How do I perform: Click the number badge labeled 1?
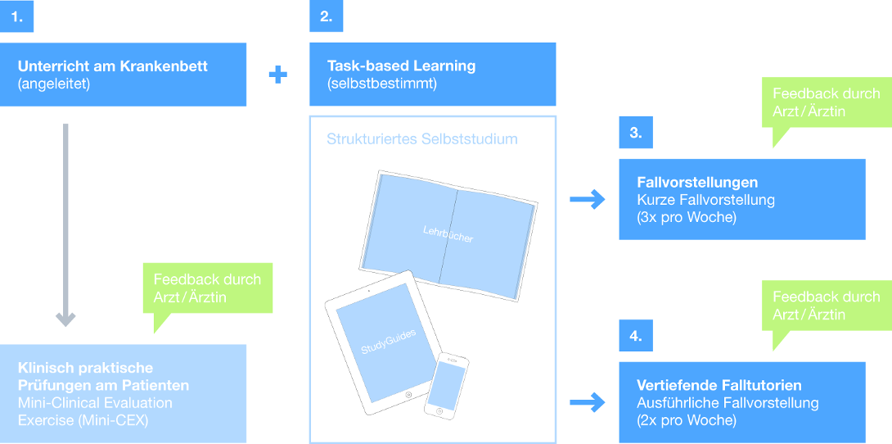click(16, 16)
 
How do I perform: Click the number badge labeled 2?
click(326, 16)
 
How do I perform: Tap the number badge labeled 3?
click(636, 133)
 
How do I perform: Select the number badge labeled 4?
click(636, 335)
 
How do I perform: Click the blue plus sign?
click(278, 75)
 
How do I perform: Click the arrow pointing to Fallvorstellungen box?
click(587, 199)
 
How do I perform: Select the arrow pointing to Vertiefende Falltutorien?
click(587, 402)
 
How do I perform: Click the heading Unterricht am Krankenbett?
click(113, 66)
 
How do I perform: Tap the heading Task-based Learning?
click(401, 66)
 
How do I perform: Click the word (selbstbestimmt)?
click(382, 83)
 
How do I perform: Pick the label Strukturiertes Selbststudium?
click(422, 139)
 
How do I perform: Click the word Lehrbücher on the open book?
click(448, 235)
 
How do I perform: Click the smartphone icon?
click(446, 383)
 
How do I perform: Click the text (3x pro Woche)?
click(687, 217)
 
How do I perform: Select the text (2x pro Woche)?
click(687, 420)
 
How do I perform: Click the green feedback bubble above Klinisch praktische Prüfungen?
click(207, 288)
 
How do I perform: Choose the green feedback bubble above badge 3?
click(827, 103)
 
